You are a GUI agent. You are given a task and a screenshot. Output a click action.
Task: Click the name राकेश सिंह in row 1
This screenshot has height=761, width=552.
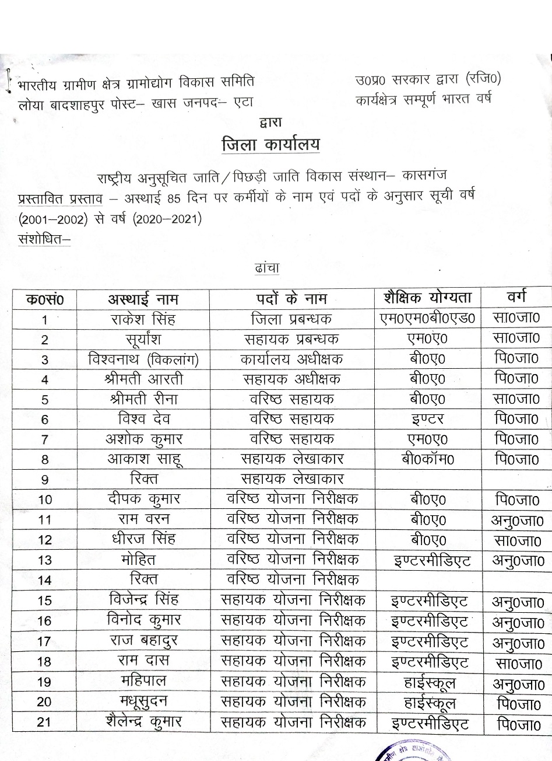(x=142, y=319)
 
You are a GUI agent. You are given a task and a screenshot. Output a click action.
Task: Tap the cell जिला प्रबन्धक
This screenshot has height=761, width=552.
(x=291, y=319)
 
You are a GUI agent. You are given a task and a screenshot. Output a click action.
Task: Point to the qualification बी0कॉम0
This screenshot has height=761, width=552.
(x=427, y=459)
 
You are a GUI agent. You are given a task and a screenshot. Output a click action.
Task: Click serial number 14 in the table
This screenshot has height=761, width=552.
(x=44, y=580)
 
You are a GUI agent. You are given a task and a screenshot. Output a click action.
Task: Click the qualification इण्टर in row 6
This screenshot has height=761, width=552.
(x=427, y=419)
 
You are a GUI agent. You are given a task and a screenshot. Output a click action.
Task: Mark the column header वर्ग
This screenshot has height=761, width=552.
(x=516, y=298)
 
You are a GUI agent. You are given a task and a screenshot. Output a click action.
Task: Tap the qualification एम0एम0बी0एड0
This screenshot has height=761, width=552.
(x=427, y=319)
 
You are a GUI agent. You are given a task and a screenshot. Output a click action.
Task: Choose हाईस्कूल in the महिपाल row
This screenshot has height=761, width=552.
(x=428, y=682)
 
